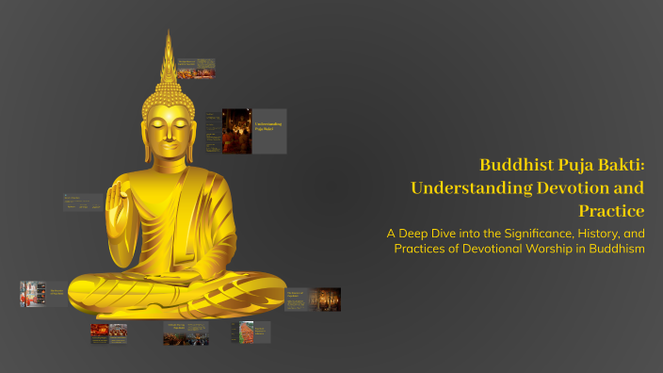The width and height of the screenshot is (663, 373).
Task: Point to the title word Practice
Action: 612,209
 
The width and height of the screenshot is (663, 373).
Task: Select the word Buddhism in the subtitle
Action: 613,249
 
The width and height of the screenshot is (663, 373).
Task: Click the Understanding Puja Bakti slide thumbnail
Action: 253,132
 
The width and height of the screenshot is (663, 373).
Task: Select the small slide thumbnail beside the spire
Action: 196,68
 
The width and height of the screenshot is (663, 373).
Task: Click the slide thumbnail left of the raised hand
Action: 83,202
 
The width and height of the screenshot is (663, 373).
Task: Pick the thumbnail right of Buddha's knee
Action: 313,299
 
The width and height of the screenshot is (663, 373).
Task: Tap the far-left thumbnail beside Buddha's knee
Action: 42,293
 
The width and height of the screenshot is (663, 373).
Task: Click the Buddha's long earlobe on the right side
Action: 200,141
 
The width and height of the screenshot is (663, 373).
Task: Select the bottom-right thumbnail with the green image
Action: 251,332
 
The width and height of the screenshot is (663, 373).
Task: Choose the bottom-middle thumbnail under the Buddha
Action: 186,332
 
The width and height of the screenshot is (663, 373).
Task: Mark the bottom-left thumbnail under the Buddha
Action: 108,332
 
